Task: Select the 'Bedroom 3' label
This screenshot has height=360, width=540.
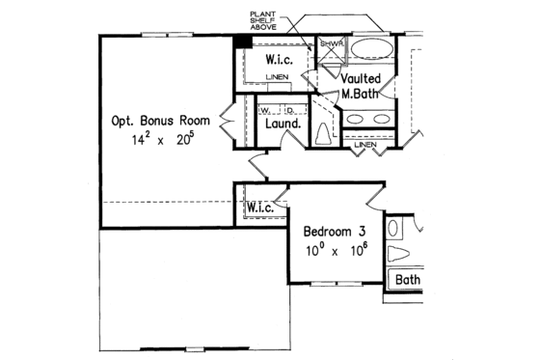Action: tap(334, 233)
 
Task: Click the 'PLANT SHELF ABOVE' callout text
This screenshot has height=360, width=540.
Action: tap(265, 18)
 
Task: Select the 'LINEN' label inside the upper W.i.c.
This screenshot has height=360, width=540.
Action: tap(277, 75)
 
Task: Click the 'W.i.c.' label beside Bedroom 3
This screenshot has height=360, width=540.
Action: tap(261, 208)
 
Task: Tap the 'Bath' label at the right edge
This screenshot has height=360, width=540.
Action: tap(408, 280)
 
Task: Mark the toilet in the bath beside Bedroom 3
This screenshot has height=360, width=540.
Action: tap(399, 256)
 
